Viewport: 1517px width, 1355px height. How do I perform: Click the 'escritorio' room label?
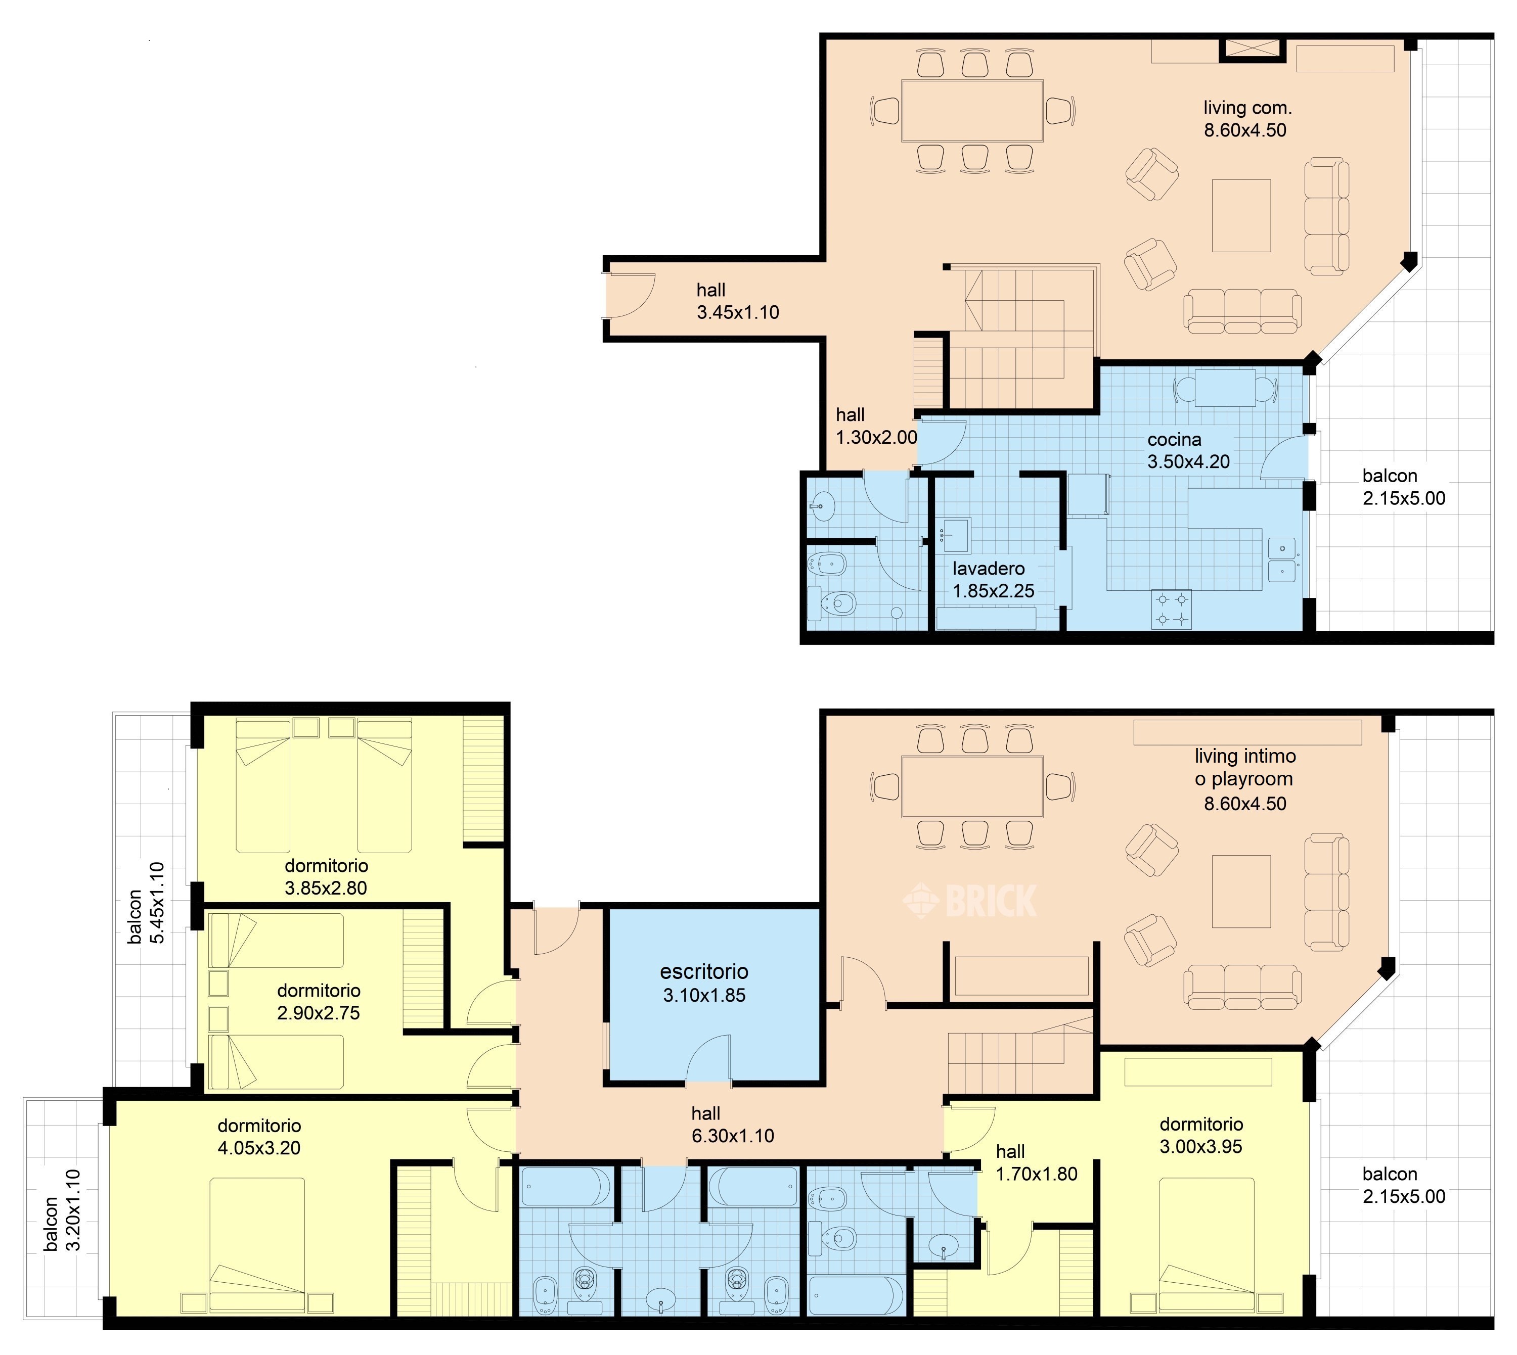click(x=704, y=971)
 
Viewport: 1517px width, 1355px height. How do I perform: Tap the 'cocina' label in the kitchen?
click(x=1175, y=439)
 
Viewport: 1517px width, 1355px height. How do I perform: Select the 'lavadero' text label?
click(x=988, y=569)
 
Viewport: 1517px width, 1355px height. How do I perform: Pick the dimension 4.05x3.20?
click(x=259, y=1148)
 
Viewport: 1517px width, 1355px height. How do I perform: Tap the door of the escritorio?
click(x=707, y=1057)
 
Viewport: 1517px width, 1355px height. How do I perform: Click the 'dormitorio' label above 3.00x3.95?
click(x=1201, y=1124)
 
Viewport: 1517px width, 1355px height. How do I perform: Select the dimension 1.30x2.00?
click(x=876, y=438)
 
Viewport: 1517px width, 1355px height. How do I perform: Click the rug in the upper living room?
click(x=1241, y=216)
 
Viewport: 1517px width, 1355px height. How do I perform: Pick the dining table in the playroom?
click(x=972, y=786)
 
